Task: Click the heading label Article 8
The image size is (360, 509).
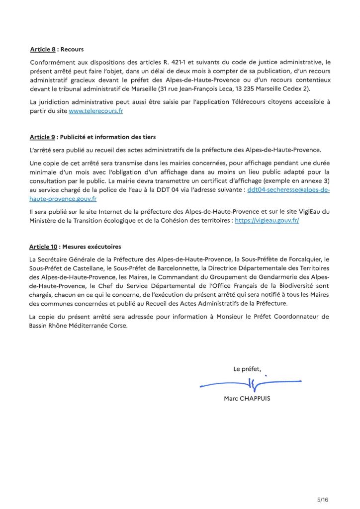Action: coord(43,50)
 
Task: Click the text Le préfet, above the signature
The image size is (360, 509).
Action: coord(247,368)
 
